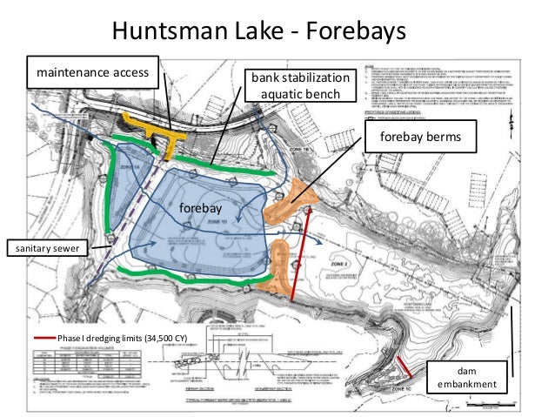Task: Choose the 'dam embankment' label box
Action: point(467,377)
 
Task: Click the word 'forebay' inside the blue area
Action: point(201,210)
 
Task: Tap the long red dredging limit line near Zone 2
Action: point(304,252)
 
